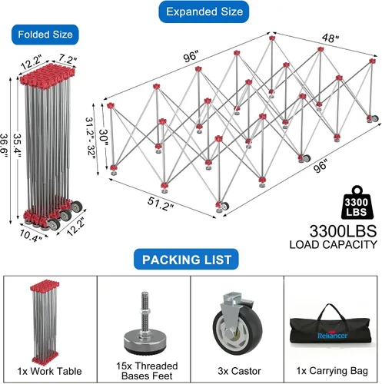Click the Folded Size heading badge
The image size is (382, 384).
click(x=45, y=35)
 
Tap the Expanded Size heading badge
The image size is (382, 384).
click(x=204, y=12)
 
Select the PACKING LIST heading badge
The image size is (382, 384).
click(x=186, y=260)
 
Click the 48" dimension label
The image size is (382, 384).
click(x=331, y=38)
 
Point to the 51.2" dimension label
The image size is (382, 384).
click(x=161, y=204)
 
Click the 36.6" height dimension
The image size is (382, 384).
click(x=5, y=146)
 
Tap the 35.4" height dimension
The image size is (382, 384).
click(x=18, y=146)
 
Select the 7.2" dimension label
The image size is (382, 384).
click(x=68, y=59)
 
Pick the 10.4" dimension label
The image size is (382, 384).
click(x=31, y=236)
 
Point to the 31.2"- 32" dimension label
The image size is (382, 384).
click(x=90, y=138)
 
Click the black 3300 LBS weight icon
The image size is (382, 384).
click(x=357, y=203)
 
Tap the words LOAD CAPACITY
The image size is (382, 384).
click(x=334, y=244)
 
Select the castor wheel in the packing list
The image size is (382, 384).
click(x=237, y=323)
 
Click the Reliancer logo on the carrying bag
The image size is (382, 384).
click(x=332, y=336)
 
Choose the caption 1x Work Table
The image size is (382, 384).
click(x=49, y=371)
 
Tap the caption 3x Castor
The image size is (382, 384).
click(x=239, y=371)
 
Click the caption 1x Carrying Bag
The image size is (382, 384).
click(x=332, y=371)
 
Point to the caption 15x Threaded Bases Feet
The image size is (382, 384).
click(x=147, y=371)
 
